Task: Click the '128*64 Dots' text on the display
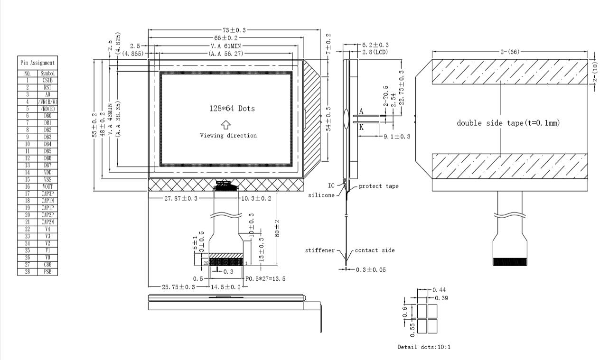pos(232,109)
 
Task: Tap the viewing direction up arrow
pos(226,124)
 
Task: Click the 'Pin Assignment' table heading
pos(37,63)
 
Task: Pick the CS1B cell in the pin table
pos(47,81)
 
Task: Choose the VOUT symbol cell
pos(47,186)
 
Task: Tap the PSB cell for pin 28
pos(47,272)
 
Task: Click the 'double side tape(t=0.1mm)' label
pos(508,123)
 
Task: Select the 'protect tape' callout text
pos(378,186)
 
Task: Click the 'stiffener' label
pos(320,250)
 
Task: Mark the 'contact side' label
pos(375,250)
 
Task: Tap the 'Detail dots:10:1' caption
pos(424,347)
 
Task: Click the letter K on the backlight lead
pos(361,127)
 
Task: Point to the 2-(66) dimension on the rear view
pos(509,52)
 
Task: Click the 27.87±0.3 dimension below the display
pos(180,198)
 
